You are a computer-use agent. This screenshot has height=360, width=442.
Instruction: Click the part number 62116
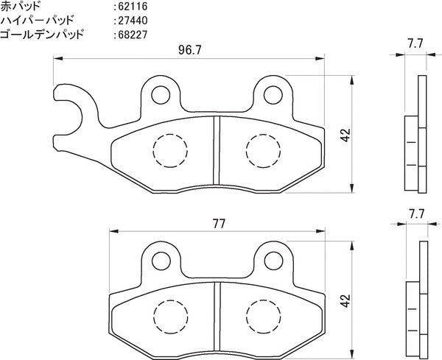tap(133, 7)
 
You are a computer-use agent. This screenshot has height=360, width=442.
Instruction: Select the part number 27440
tap(133, 21)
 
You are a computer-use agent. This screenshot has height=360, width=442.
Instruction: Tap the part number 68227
tap(133, 35)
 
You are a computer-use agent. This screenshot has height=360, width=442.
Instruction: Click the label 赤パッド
tap(21, 6)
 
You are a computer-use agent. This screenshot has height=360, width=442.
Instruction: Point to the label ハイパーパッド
tap(37, 21)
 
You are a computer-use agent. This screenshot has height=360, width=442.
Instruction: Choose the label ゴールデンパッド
tap(42, 35)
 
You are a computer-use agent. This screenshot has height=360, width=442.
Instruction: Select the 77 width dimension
tap(219, 224)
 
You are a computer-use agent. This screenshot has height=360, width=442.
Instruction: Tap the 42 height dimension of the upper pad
tap(345, 135)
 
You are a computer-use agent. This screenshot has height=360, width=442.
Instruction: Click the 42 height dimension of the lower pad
tap(345, 301)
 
